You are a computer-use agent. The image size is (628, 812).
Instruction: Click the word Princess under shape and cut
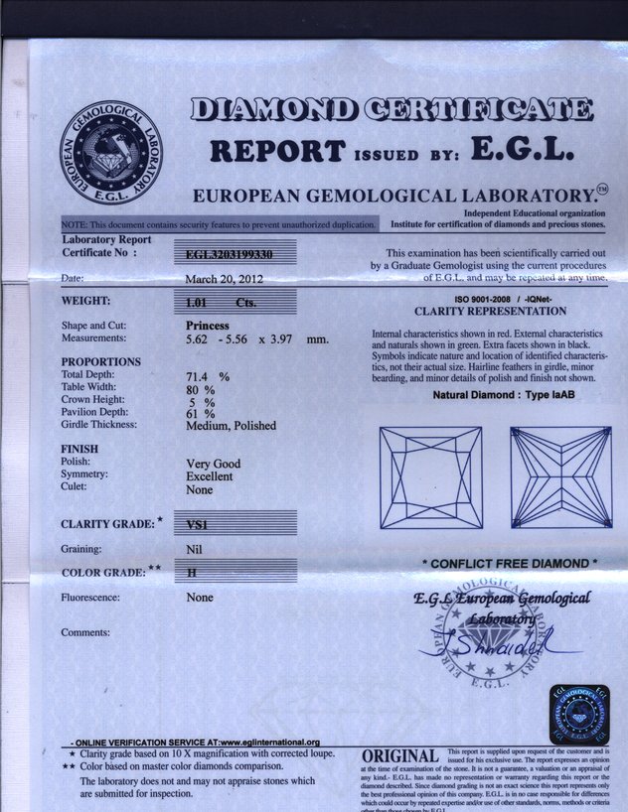[208, 326]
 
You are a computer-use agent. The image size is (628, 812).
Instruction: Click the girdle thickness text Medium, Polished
[232, 426]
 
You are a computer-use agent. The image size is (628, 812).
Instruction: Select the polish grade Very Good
[214, 463]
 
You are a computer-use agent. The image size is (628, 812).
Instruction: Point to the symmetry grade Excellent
[214, 475]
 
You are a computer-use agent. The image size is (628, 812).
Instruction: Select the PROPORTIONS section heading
[100, 361]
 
